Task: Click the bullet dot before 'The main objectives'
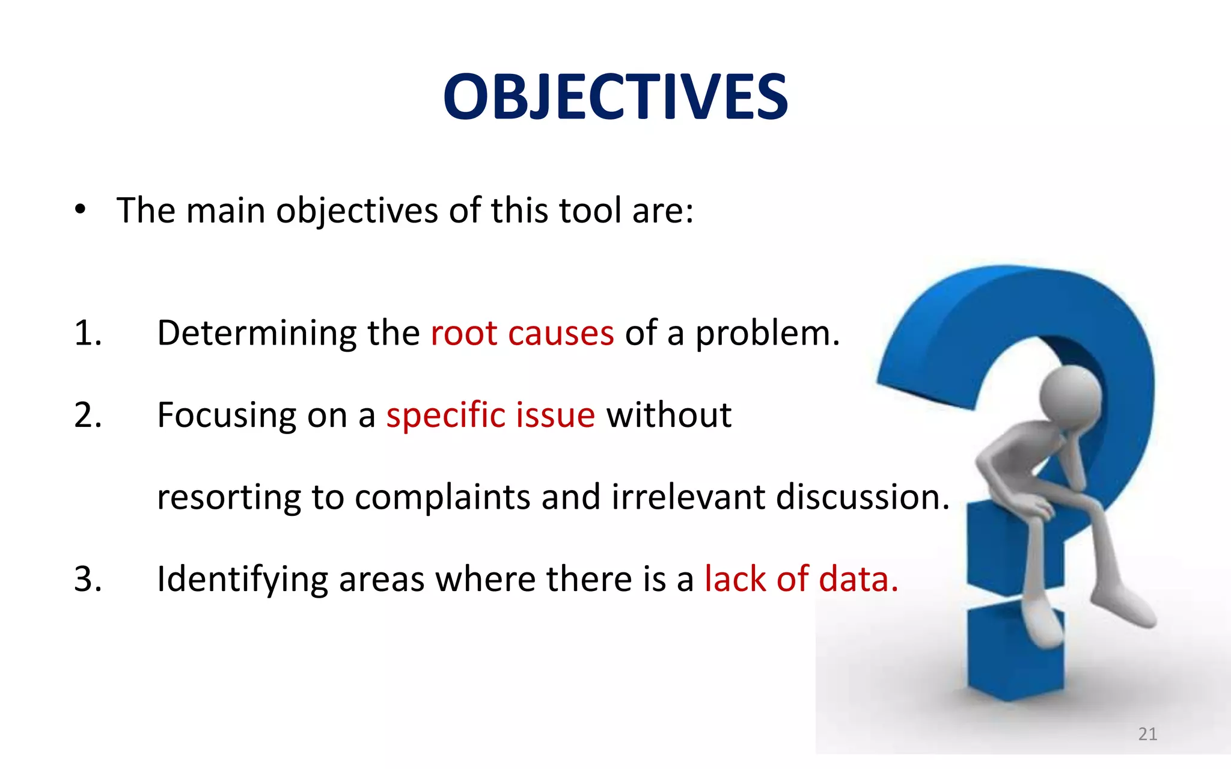(x=81, y=210)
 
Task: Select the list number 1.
(x=88, y=333)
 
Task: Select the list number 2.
(x=88, y=415)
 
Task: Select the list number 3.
(x=88, y=579)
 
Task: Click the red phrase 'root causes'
(x=522, y=333)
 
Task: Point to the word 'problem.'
(x=767, y=334)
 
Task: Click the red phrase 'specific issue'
(x=490, y=415)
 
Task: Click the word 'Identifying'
(x=242, y=580)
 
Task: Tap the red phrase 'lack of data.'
(x=801, y=579)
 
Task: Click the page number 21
(x=1147, y=734)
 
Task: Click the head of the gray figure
(x=1070, y=394)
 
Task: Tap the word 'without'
(x=668, y=415)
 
